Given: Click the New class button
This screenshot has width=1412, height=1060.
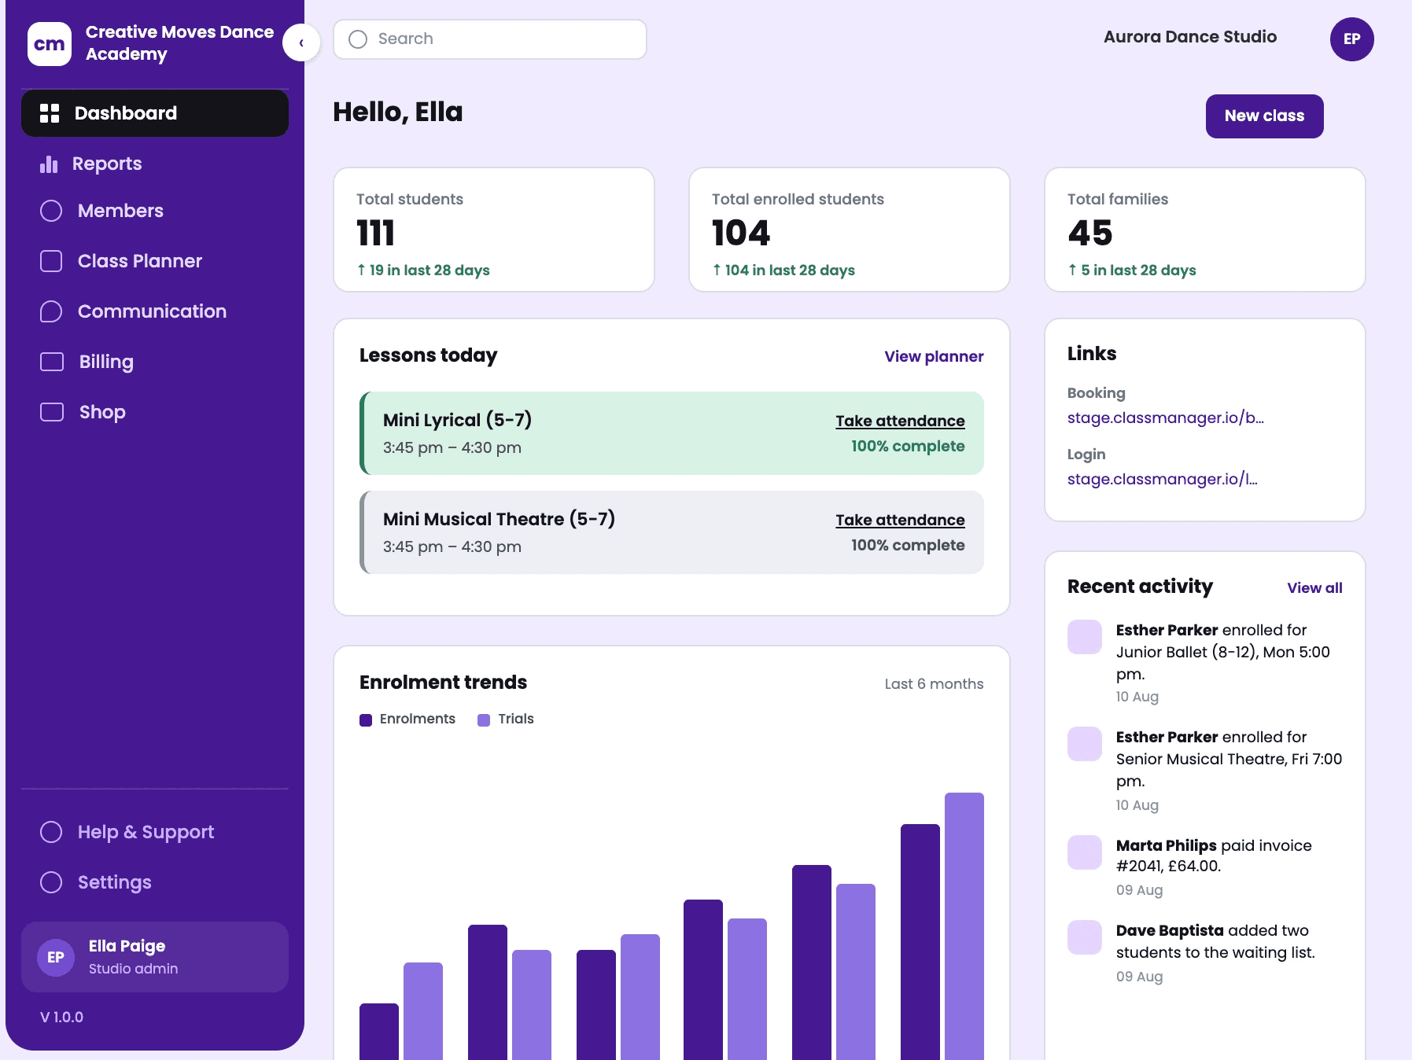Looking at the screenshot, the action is [1264, 116].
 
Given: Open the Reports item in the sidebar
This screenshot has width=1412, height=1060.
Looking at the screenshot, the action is [91, 164].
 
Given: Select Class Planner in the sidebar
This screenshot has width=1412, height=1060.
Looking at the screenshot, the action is [121, 261].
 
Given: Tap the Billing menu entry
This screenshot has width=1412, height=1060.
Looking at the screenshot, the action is [87, 362].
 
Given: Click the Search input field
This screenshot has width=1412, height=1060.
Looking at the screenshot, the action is [489, 39].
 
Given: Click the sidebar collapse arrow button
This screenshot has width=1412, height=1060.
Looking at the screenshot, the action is [301, 42].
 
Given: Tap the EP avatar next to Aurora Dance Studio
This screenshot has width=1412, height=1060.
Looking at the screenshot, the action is [1351, 39].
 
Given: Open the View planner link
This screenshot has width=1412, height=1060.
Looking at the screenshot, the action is [934, 356].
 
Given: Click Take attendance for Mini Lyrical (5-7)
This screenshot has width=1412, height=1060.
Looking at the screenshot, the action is [900, 421].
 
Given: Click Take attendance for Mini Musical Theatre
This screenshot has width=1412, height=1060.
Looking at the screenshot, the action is [900, 520].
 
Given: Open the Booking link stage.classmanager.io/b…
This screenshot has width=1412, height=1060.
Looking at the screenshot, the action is [1165, 418].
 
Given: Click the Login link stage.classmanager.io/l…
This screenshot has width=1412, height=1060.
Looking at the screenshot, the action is [1162, 479].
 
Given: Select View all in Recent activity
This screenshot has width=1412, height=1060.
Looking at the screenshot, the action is [1314, 587].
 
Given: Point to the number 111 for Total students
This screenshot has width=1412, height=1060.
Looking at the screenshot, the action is [375, 233].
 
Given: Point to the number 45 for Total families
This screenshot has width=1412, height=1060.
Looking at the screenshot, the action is [1089, 233].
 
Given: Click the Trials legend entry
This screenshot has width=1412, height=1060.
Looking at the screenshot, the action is [506, 719].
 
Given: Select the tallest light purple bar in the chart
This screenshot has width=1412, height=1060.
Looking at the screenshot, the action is [964, 926].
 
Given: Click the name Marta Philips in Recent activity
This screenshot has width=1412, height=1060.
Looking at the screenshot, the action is [1166, 845].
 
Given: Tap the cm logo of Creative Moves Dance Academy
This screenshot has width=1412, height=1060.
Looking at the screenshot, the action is [50, 44].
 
